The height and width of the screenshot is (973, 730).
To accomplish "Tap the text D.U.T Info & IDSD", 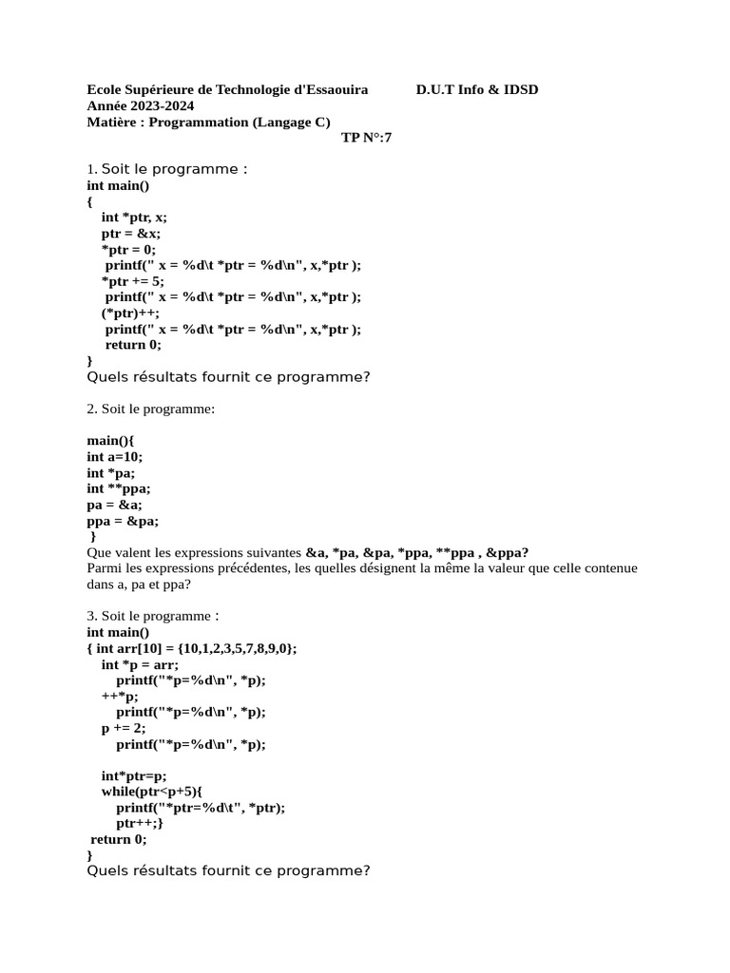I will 476,89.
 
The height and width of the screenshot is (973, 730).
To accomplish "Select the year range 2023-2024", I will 163,105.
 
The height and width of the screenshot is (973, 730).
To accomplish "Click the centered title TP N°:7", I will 366,138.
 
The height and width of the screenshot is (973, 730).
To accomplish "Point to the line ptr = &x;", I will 131,233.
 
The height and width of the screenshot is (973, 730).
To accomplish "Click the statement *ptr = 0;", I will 128,249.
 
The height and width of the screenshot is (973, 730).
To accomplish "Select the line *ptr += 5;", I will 133,281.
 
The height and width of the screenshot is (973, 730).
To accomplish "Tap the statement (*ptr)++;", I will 131,314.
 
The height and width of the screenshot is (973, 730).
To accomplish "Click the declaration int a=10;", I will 114,456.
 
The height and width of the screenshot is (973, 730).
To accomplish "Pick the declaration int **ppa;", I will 119,488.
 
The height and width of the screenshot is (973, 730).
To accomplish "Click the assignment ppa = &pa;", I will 123,521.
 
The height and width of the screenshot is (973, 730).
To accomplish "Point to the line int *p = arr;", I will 140,664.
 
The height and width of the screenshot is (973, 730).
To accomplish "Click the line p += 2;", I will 124,728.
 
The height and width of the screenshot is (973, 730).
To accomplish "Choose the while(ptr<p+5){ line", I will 152,792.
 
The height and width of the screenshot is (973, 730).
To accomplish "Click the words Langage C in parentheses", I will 291,122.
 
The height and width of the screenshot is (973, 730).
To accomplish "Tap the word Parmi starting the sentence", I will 104,568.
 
